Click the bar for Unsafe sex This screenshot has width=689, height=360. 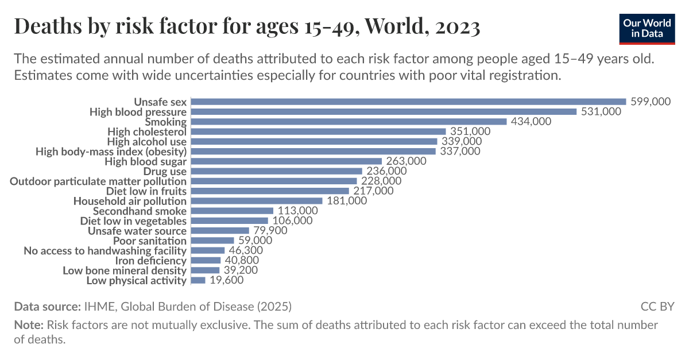(x=408, y=102)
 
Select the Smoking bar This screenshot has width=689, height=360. (x=349, y=122)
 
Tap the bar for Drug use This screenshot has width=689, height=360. (x=276, y=171)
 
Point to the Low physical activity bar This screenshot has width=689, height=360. (x=198, y=280)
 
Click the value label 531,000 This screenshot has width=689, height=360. (x=601, y=111)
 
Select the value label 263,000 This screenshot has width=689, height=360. (x=406, y=161)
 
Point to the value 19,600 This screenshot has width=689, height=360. (x=227, y=280)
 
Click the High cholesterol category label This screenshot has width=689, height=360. (x=147, y=131)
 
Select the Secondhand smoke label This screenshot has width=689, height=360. (x=140, y=211)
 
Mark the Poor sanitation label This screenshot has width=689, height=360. (x=150, y=241)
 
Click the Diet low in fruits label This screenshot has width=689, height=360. (x=146, y=191)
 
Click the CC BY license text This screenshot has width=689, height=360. (x=657, y=306)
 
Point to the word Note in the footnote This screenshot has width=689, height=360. (x=28, y=325)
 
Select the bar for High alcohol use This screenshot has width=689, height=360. (x=313, y=141)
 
